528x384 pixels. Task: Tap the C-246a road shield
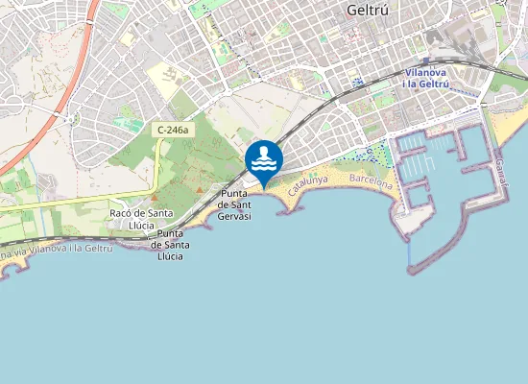click(x=174, y=129)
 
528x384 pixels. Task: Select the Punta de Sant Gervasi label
click(x=235, y=204)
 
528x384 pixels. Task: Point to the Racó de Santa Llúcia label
click(x=141, y=218)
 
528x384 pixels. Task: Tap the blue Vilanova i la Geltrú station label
click(x=427, y=78)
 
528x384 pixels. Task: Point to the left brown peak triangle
click(x=199, y=190)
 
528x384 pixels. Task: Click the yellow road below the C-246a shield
click(x=156, y=173)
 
